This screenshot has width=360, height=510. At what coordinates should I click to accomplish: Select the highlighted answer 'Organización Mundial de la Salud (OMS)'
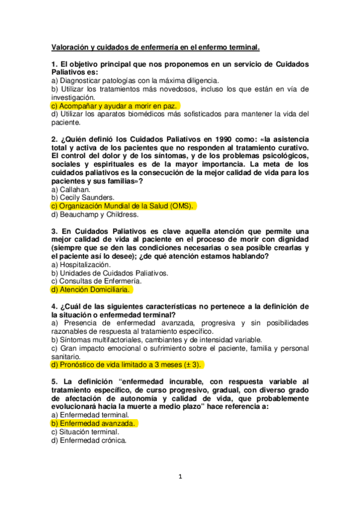tap(123, 206)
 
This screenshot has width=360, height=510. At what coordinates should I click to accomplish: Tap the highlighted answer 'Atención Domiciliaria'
tap(91, 289)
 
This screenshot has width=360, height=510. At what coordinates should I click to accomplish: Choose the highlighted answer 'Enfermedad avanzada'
tap(94, 423)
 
